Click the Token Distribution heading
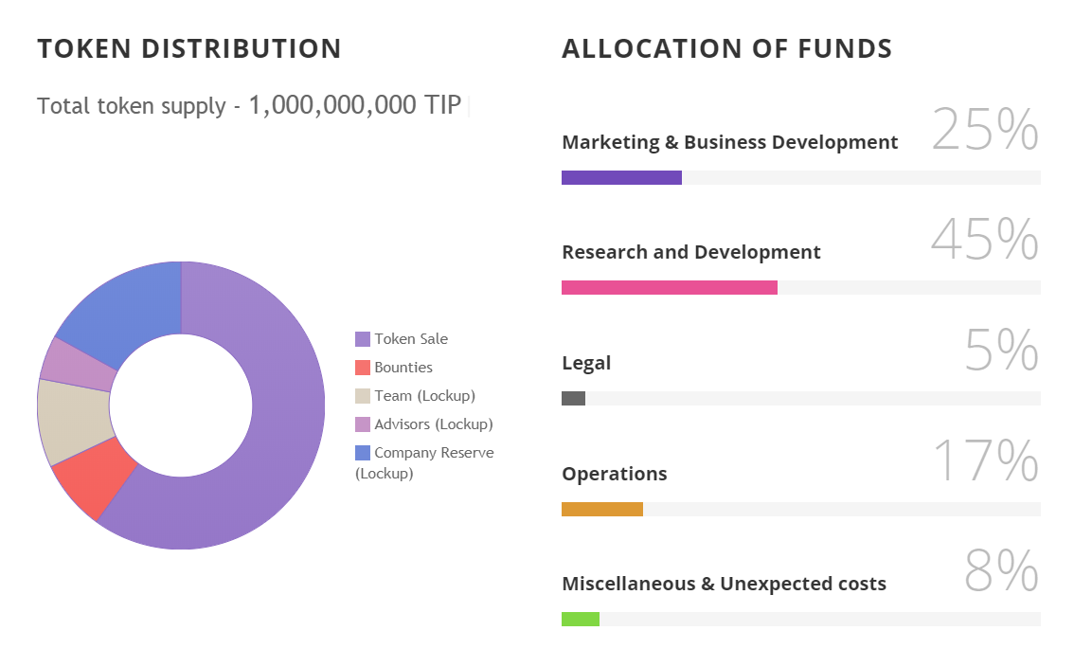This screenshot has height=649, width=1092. click(189, 49)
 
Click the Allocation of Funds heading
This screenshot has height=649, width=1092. click(726, 49)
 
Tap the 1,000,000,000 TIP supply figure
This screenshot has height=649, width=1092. click(354, 105)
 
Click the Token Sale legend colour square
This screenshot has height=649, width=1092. click(363, 339)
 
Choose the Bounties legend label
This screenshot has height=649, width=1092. click(403, 368)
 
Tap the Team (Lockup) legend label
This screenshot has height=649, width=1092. click(424, 396)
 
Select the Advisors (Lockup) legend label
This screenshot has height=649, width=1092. click(433, 424)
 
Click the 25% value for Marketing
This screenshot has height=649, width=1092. click(985, 130)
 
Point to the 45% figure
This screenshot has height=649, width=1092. click(985, 240)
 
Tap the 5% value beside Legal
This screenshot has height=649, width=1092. click(1001, 351)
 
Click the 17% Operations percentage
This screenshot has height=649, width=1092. click(985, 461)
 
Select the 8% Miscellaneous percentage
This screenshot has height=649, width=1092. click(1001, 571)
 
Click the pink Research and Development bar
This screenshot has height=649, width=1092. click(669, 288)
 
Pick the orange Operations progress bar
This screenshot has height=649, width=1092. click(601, 510)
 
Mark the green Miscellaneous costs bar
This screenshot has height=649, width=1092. click(580, 620)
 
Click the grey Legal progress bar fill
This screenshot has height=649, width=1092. click(573, 399)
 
